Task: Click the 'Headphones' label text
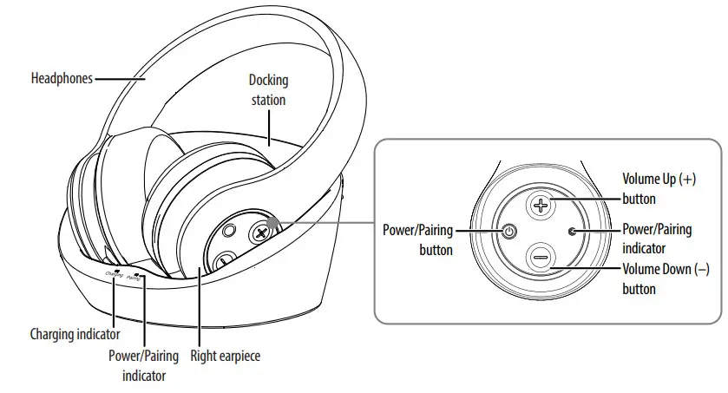pos(62,78)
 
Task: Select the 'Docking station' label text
pos(268,90)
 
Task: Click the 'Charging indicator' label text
pos(74,334)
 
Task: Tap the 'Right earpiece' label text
pos(225,356)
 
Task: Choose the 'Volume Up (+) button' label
pos(659,188)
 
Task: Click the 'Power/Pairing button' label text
pos(418,240)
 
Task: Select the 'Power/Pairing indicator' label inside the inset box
pos(657,239)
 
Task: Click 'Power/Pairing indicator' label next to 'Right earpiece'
pos(144,365)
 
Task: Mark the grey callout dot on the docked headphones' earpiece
pos(275,223)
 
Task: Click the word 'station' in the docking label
pos(268,100)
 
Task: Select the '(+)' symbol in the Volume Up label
pos(689,179)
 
